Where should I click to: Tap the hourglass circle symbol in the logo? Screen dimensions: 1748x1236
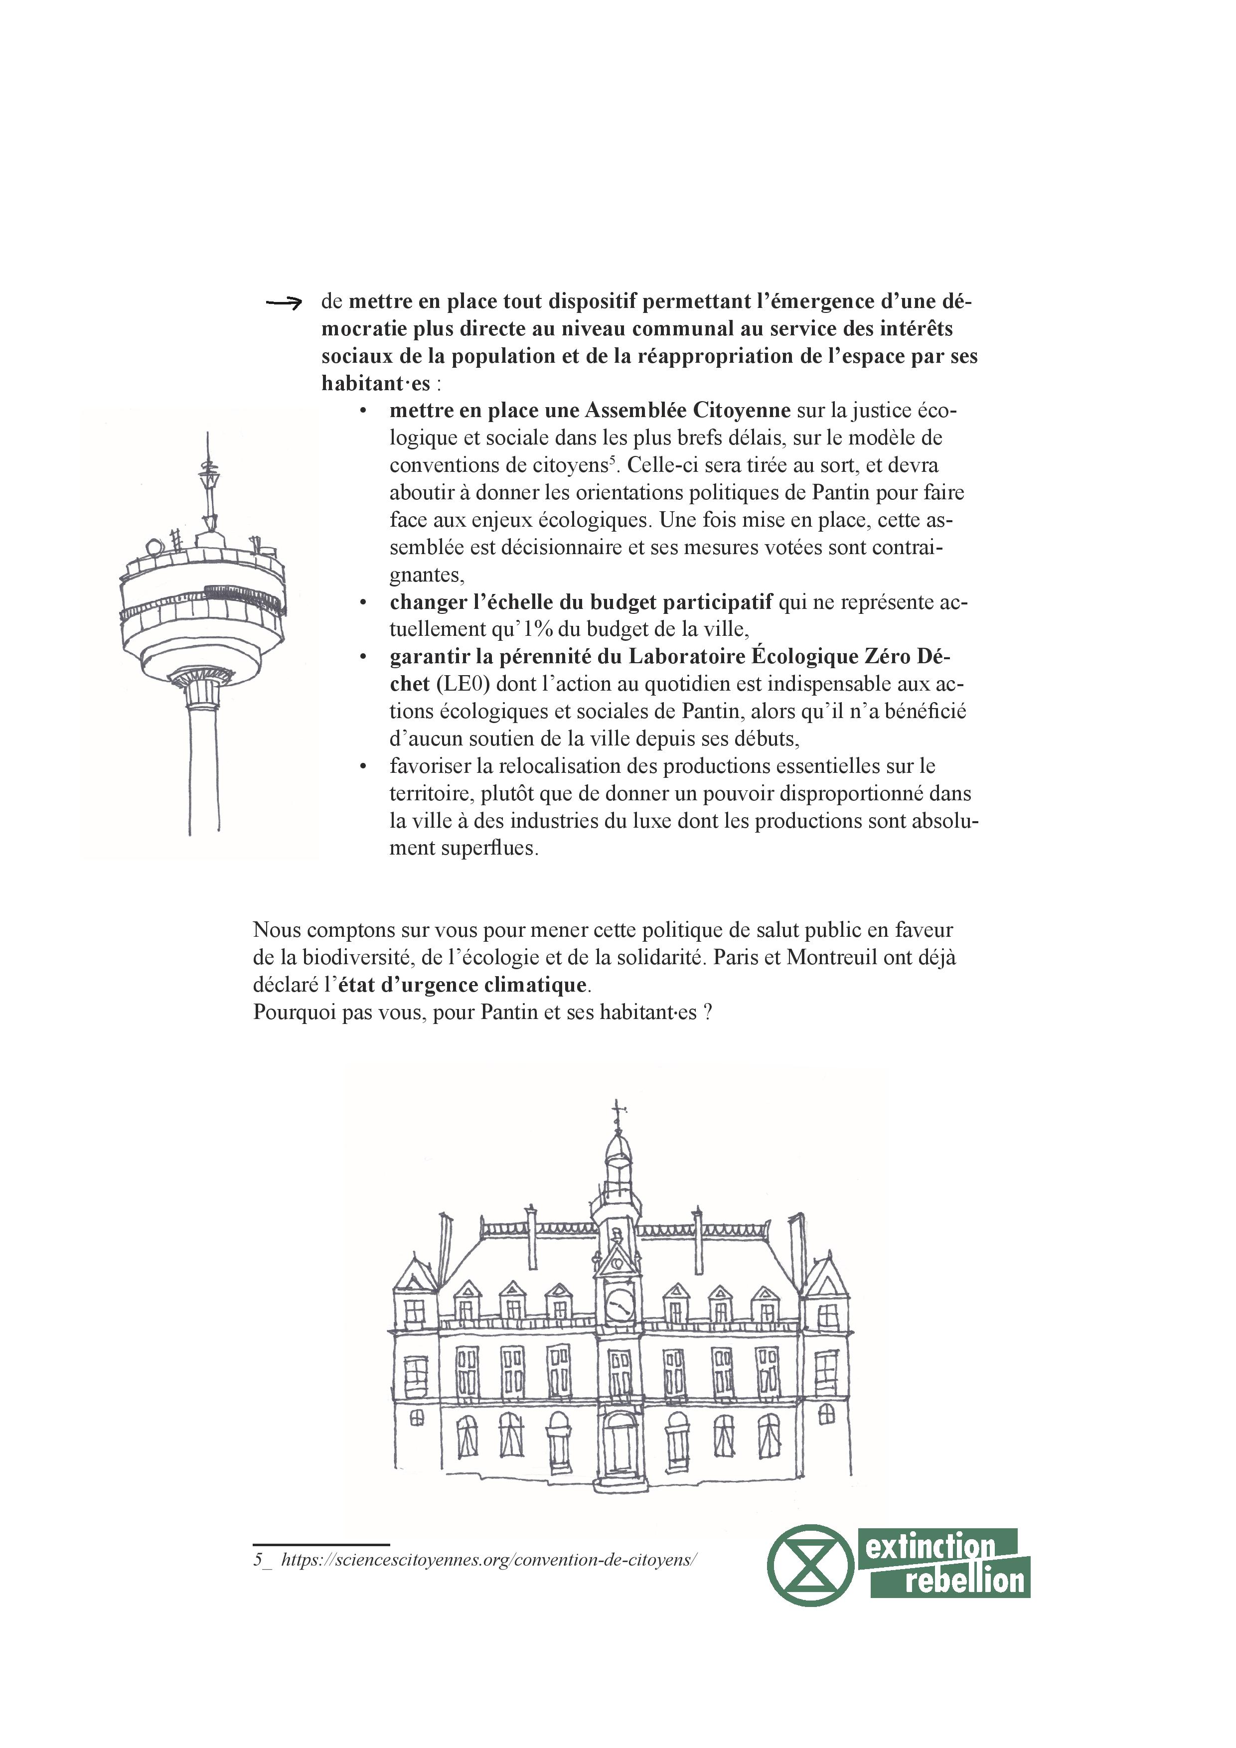(810, 1565)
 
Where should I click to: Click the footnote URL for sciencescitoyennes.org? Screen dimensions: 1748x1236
(488, 1559)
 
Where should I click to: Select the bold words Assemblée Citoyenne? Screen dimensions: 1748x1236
(688, 411)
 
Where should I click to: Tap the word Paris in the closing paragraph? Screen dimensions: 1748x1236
(736, 958)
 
